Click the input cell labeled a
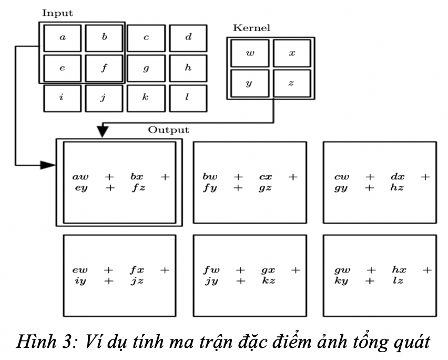coord(63,38)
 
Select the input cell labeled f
coord(104,67)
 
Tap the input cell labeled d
coord(188,38)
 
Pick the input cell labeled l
coord(188,98)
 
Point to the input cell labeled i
coord(63,98)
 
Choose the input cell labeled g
coord(146,67)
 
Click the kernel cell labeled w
coord(250,54)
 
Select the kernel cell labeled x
coord(292,54)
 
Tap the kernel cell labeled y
coord(250,84)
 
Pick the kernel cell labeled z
coord(292,84)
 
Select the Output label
coord(168,129)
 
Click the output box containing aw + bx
coord(119,182)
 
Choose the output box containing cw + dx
coord(379,182)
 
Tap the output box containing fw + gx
coord(249,275)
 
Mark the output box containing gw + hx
coord(379,275)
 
